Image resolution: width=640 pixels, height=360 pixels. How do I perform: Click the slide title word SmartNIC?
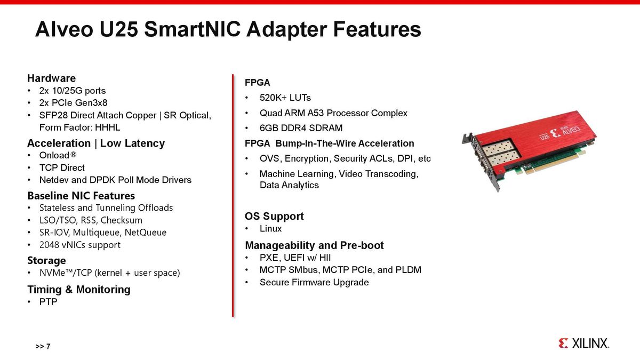(185, 29)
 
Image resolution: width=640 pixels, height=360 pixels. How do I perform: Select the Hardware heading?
(51, 78)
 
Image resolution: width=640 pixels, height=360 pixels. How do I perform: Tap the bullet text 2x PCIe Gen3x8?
(74, 102)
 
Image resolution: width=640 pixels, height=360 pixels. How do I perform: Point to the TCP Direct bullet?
(62, 167)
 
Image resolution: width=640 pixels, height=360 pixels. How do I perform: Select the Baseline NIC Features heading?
(81, 195)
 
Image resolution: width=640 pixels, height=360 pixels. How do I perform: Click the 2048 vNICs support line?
(80, 245)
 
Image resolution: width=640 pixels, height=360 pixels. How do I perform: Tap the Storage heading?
(46, 260)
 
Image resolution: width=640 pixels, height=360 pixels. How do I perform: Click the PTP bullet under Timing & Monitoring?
(48, 302)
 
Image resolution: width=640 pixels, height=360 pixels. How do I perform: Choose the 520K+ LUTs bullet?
(285, 98)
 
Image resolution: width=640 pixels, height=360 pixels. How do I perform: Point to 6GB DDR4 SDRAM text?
(301, 128)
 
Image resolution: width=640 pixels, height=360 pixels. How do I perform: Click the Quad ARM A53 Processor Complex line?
(333, 113)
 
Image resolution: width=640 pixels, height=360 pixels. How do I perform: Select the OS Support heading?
(274, 216)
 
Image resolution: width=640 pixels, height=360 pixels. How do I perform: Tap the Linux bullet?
(270, 229)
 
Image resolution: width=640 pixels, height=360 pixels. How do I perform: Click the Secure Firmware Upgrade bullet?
(314, 282)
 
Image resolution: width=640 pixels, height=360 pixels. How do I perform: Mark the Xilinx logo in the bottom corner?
(583, 343)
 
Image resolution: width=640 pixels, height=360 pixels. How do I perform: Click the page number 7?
(48, 347)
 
